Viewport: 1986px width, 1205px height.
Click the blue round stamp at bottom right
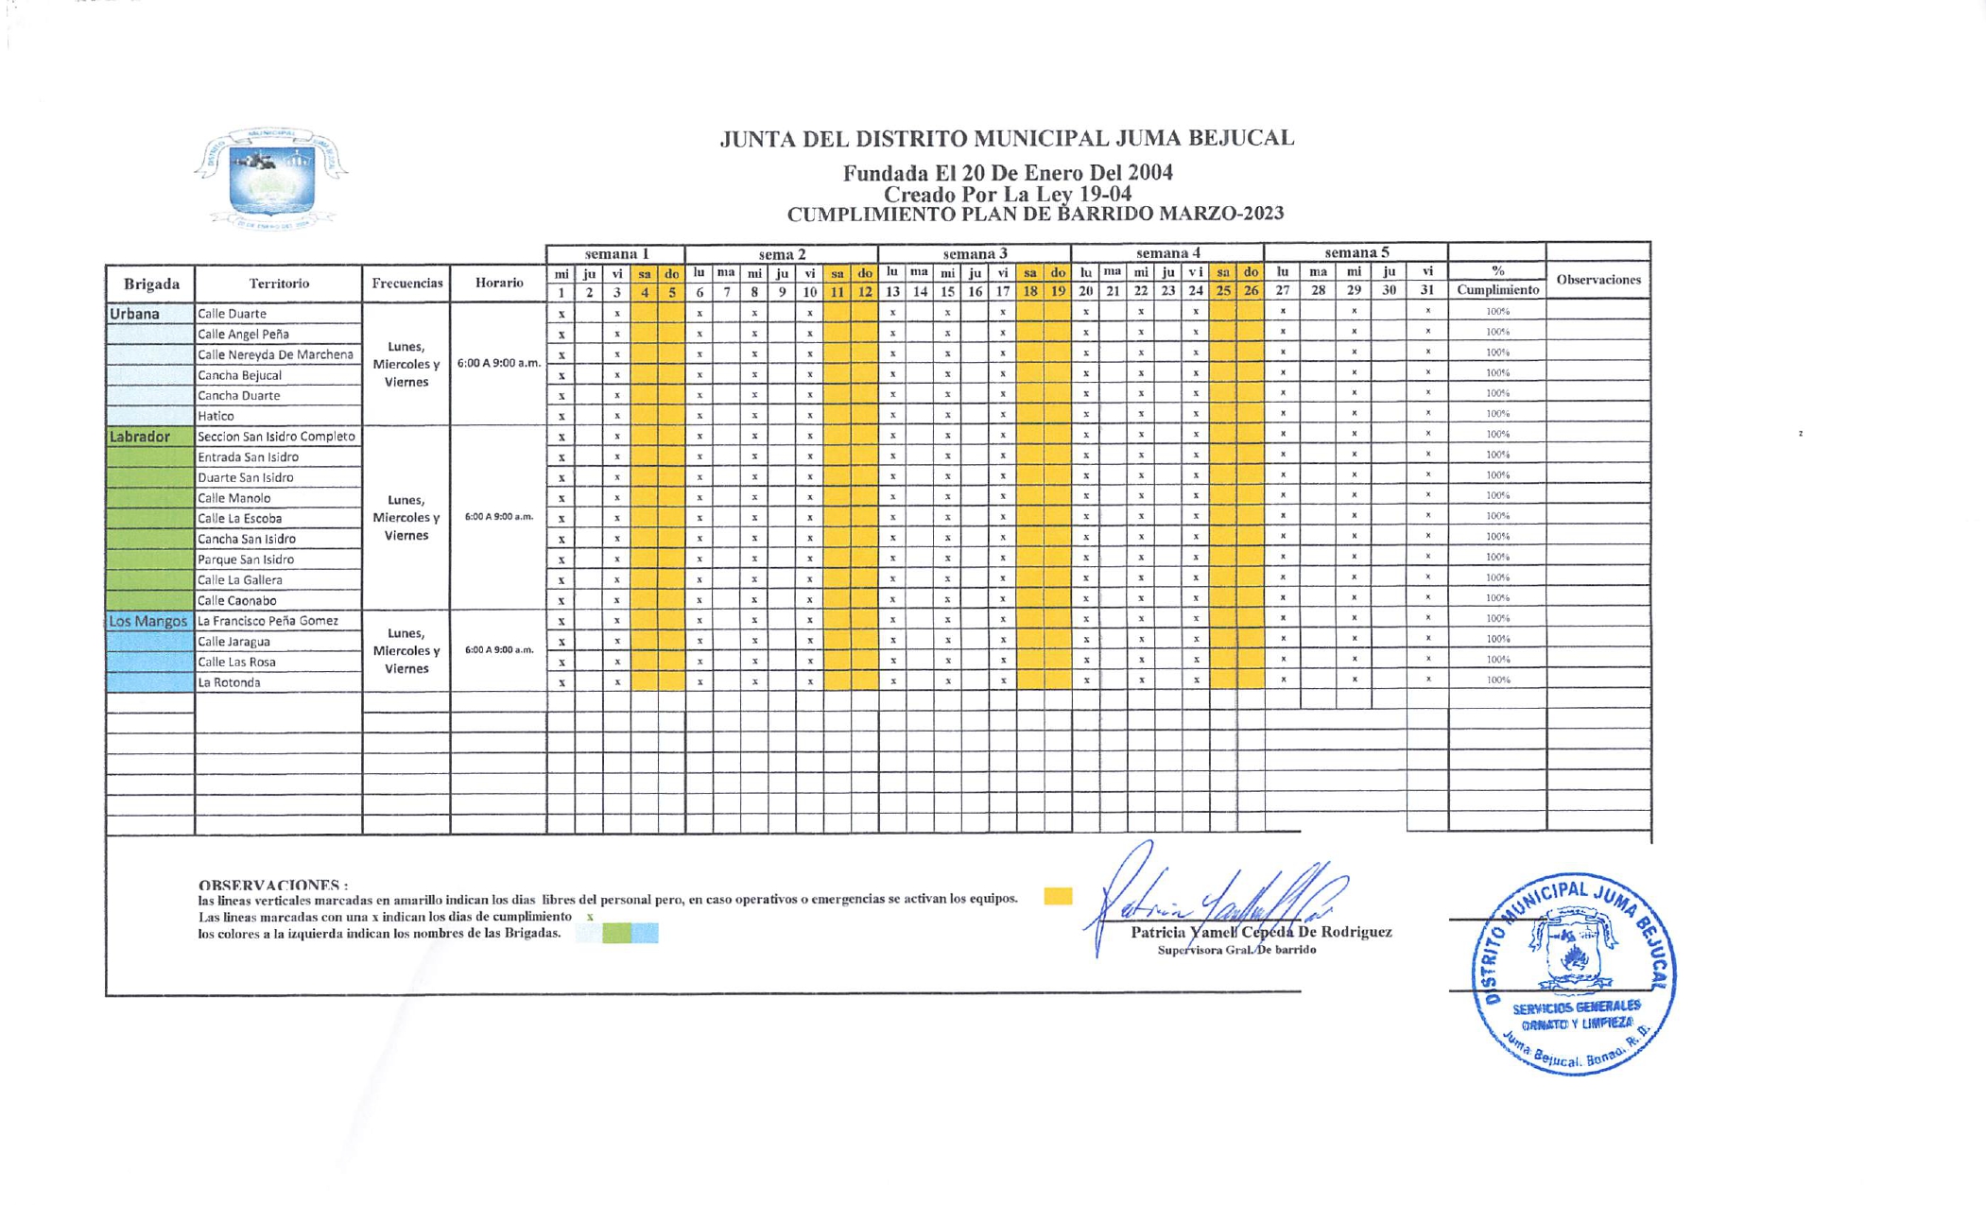[x=1573, y=973]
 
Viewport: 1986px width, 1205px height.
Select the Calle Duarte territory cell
[x=277, y=314]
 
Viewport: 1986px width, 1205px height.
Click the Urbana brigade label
[x=135, y=314]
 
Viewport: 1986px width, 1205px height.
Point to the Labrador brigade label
[x=140, y=437]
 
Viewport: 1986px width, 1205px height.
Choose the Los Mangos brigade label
[x=147, y=621]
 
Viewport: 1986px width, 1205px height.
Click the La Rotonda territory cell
[x=277, y=682]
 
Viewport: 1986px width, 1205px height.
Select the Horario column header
[x=498, y=283]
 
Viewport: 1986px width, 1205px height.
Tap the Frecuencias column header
[x=406, y=283]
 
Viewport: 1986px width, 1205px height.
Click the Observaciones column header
[x=1597, y=280]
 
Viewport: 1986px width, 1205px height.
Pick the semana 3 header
[x=975, y=253]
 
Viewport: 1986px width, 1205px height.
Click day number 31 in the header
[x=1427, y=291]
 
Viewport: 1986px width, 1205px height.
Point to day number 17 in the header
[x=1002, y=291]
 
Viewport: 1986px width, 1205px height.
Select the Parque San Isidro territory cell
[x=277, y=559]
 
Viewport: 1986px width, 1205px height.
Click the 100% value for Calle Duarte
[x=1497, y=311]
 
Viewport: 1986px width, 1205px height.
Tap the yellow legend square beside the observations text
[x=1058, y=896]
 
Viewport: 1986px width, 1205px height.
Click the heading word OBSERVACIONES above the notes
[x=272, y=885]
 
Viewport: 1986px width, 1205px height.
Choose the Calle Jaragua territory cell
[x=277, y=642]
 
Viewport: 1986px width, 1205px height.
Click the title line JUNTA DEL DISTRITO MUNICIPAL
[x=1007, y=139]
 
